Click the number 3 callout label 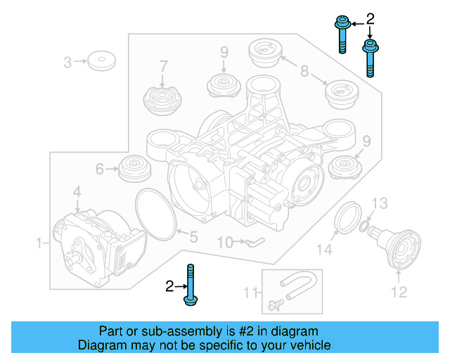(x=68, y=63)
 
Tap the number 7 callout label (x=163, y=66)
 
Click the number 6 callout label (x=100, y=169)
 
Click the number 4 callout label (x=77, y=191)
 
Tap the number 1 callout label (x=39, y=243)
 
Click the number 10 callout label (x=224, y=243)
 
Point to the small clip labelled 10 (x=254, y=243)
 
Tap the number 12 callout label (x=399, y=292)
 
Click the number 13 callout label (x=379, y=204)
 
